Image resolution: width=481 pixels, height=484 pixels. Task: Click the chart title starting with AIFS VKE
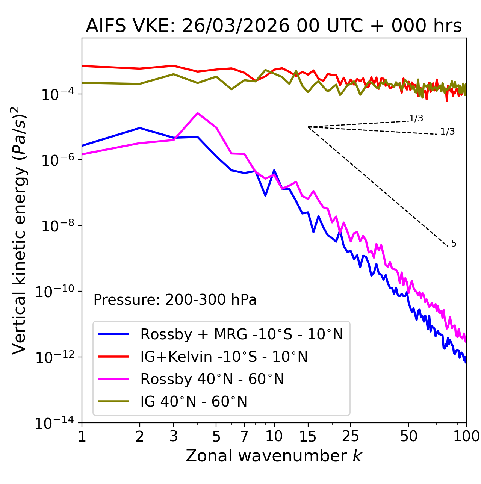tap(274, 26)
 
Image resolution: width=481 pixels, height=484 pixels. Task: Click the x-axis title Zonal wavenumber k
tap(274, 456)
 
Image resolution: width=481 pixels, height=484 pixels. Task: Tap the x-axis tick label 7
tap(244, 436)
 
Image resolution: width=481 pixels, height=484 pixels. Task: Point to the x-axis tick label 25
tap(351, 436)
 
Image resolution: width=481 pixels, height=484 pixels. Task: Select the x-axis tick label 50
tap(408, 436)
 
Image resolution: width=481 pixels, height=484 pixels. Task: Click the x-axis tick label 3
tap(174, 436)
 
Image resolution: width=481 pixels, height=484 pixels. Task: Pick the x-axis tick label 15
tap(308, 436)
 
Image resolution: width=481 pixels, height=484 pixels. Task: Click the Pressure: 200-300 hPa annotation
tap(175, 300)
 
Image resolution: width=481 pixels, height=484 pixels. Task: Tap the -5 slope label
tap(453, 244)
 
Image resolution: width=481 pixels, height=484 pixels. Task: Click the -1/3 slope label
tap(447, 132)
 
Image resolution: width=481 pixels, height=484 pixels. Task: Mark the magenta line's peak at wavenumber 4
tap(198, 113)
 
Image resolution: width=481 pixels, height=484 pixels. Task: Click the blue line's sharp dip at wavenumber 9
tap(265, 195)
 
